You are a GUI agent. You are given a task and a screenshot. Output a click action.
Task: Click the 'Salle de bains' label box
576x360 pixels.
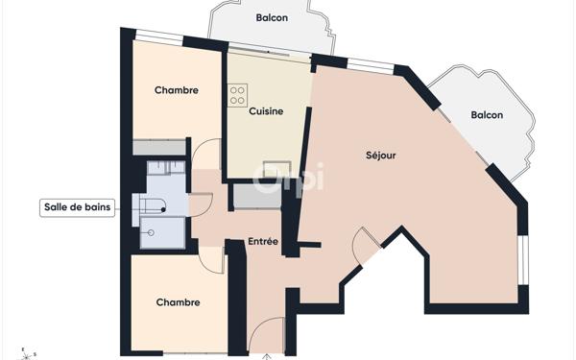pyautogui.click(x=78, y=207)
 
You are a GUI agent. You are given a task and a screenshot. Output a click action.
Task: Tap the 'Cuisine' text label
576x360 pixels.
pyautogui.click(x=266, y=112)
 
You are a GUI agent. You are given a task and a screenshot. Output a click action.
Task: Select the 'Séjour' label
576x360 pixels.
pyautogui.click(x=381, y=155)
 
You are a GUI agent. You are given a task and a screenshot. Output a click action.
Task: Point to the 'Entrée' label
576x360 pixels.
pyautogui.click(x=263, y=242)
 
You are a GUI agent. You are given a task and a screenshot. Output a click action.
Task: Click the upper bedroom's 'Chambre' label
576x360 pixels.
pyautogui.click(x=177, y=91)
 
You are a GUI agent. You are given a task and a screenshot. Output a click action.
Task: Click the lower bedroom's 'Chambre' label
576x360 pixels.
pyautogui.click(x=178, y=302)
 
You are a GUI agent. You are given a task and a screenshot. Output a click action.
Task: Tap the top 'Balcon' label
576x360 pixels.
pyautogui.click(x=273, y=18)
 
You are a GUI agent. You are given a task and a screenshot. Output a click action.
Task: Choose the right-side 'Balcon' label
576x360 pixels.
pyautogui.click(x=487, y=115)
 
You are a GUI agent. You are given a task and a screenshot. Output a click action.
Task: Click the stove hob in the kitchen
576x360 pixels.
pyautogui.click(x=237, y=95)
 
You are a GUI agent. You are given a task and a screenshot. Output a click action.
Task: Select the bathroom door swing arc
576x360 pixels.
pyautogui.click(x=201, y=204)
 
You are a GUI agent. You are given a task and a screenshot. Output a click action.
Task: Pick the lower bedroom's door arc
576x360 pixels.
pyautogui.click(x=211, y=257)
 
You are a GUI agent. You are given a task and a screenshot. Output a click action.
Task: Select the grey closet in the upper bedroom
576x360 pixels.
pyautogui.click(x=159, y=148)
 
